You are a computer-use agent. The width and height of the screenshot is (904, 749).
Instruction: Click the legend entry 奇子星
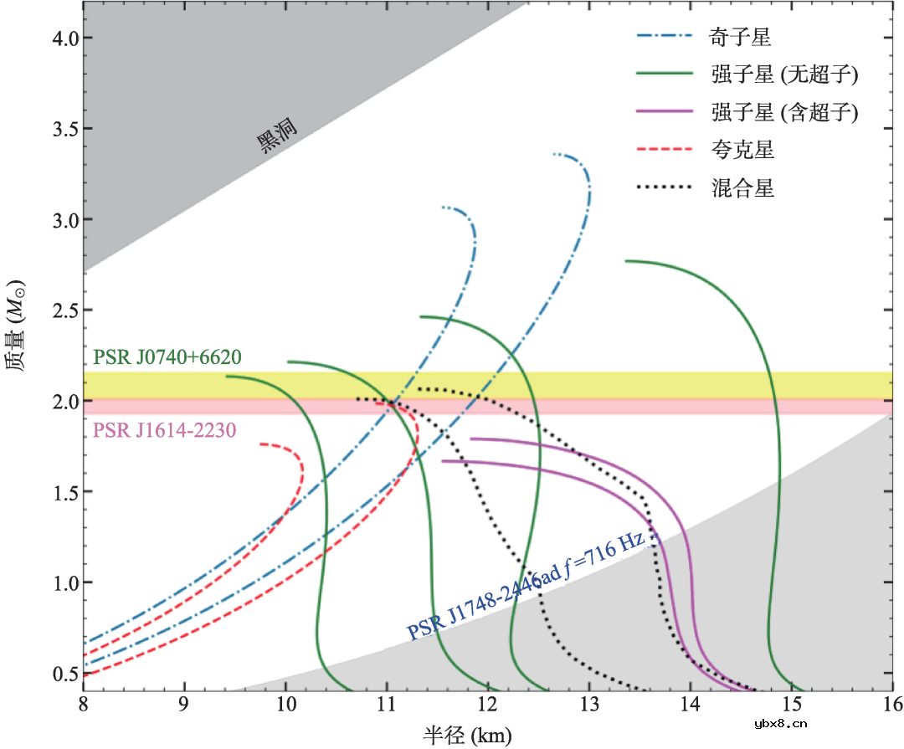(742, 37)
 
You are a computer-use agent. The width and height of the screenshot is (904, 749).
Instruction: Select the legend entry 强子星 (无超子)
(784, 74)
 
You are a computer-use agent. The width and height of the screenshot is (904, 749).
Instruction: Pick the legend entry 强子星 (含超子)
(784, 112)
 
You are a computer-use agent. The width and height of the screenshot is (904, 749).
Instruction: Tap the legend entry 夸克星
(742, 150)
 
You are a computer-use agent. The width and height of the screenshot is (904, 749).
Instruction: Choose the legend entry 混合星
(742, 187)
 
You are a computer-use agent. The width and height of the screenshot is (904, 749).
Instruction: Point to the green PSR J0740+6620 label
(168, 358)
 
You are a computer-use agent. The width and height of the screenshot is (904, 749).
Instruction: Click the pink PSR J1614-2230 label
(165, 430)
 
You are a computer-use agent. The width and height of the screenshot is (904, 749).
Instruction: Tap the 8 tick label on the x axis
(83, 708)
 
